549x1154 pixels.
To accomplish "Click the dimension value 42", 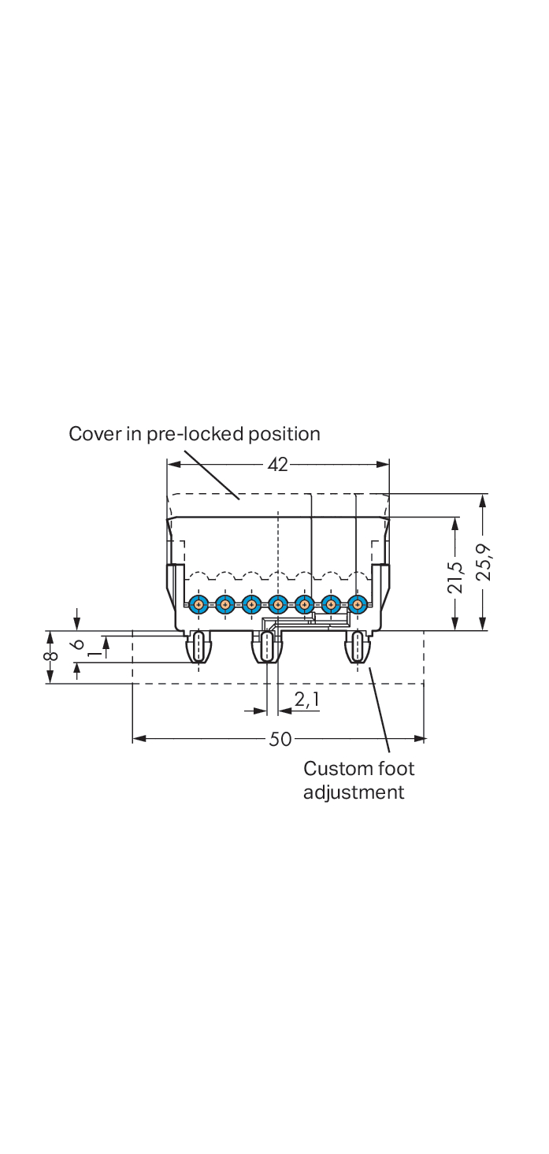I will click(278, 465).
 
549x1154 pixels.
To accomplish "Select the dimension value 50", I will click(280, 739).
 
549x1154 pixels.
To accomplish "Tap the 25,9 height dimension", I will click(484, 562).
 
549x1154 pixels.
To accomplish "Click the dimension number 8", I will click(50, 655).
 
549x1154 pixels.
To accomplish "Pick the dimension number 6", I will click(77, 643).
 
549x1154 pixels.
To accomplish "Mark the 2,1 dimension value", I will click(306, 699).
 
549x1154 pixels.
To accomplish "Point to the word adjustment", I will click(354, 792).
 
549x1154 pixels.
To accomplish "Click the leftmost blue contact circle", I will click(198, 605).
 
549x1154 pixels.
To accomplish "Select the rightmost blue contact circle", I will click(358, 605).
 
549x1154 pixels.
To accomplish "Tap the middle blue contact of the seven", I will click(277, 605).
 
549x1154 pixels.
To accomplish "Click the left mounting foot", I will click(199, 648).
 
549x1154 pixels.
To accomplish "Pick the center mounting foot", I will click(266, 648).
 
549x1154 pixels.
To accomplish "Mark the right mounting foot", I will click(358, 648).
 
